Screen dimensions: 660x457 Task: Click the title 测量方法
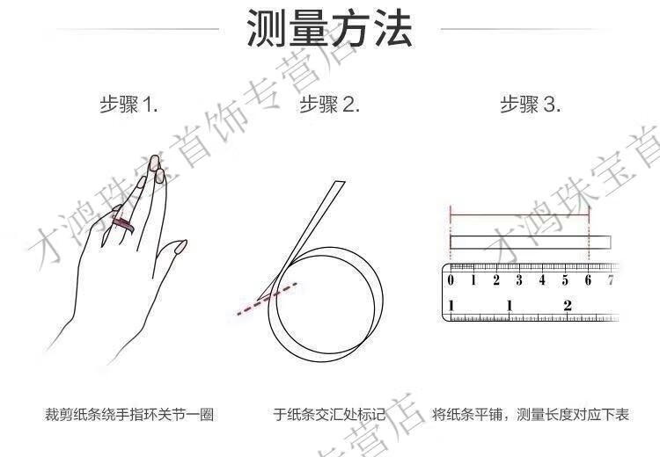point(329,28)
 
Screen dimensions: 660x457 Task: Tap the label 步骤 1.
point(128,104)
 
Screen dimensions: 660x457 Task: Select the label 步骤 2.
point(330,104)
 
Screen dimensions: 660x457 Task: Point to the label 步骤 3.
point(531,104)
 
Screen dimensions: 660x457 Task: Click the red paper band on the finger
point(122,223)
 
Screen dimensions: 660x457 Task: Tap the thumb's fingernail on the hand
point(181,246)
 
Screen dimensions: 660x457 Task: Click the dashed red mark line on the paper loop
point(267,299)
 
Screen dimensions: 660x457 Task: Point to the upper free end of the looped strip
point(340,183)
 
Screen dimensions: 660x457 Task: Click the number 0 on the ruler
point(451,280)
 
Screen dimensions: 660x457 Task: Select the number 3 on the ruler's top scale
point(519,280)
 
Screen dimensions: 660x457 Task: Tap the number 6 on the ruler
point(588,280)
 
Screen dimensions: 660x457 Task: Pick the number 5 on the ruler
point(565,280)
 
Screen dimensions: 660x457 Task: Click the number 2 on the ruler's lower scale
point(568,305)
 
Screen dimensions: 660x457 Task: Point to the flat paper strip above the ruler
point(531,243)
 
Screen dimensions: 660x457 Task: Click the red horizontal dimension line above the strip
point(520,214)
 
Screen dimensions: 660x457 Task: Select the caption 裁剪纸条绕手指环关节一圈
point(129,415)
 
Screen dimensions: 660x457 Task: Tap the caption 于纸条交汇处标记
point(330,415)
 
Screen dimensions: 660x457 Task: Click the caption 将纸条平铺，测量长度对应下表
point(531,415)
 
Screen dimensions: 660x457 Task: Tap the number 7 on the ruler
point(611,280)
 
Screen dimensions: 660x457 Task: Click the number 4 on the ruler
point(542,280)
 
